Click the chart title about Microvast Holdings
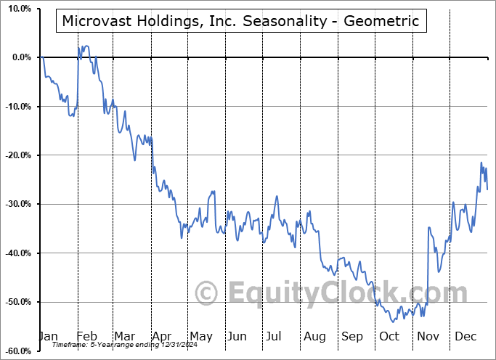(x=240, y=21)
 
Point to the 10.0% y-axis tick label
(x=17, y=9)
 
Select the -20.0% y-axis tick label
(x=17, y=155)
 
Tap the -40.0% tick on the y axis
(x=17, y=253)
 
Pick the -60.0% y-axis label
(x=17, y=351)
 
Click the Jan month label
(x=48, y=336)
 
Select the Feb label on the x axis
(x=87, y=336)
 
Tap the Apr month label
(x=163, y=336)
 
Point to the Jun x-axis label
(x=237, y=336)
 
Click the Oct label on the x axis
(x=389, y=336)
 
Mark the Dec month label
(x=465, y=336)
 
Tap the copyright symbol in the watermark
(x=207, y=293)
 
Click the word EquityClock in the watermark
(x=312, y=293)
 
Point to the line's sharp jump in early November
(x=428, y=269)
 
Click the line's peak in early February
(x=84, y=46)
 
